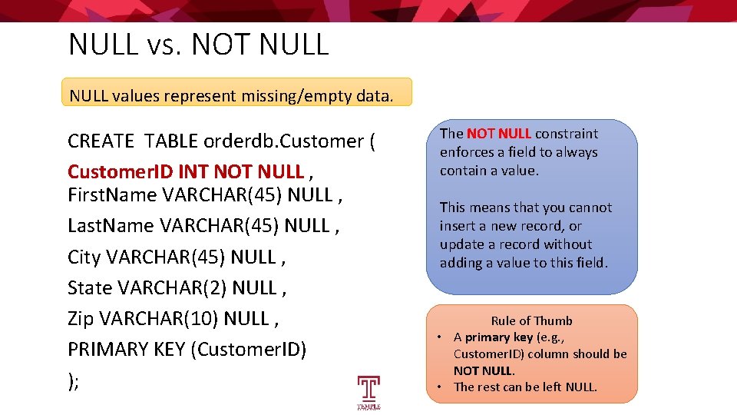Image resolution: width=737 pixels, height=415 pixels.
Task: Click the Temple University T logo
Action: (x=368, y=393)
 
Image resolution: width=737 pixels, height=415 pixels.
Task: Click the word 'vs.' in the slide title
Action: (x=164, y=45)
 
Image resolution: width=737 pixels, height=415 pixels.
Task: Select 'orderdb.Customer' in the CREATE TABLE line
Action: (x=283, y=141)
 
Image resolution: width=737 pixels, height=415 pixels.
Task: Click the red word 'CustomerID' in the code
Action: (x=121, y=171)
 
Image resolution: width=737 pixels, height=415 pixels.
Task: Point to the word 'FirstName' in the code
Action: (x=112, y=194)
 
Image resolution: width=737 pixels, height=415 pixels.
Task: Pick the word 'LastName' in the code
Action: (x=111, y=225)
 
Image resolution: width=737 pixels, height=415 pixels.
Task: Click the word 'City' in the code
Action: (x=84, y=257)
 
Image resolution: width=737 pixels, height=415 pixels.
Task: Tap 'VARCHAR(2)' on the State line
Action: (x=172, y=287)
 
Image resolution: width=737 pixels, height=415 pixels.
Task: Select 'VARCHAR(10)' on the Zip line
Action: (x=158, y=318)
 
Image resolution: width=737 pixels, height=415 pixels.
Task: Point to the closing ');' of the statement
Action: (x=74, y=381)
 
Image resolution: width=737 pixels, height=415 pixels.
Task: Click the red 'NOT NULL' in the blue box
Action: (x=499, y=134)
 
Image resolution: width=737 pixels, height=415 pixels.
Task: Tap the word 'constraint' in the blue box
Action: (x=567, y=134)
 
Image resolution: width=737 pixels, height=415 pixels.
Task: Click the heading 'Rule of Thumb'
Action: (x=531, y=321)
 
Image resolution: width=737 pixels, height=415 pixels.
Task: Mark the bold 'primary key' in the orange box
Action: (x=499, y=337)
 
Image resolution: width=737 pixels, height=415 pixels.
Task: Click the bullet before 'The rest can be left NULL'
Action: (x=439, y=387)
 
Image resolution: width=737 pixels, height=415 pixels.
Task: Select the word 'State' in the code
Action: (x=90, y=287)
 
